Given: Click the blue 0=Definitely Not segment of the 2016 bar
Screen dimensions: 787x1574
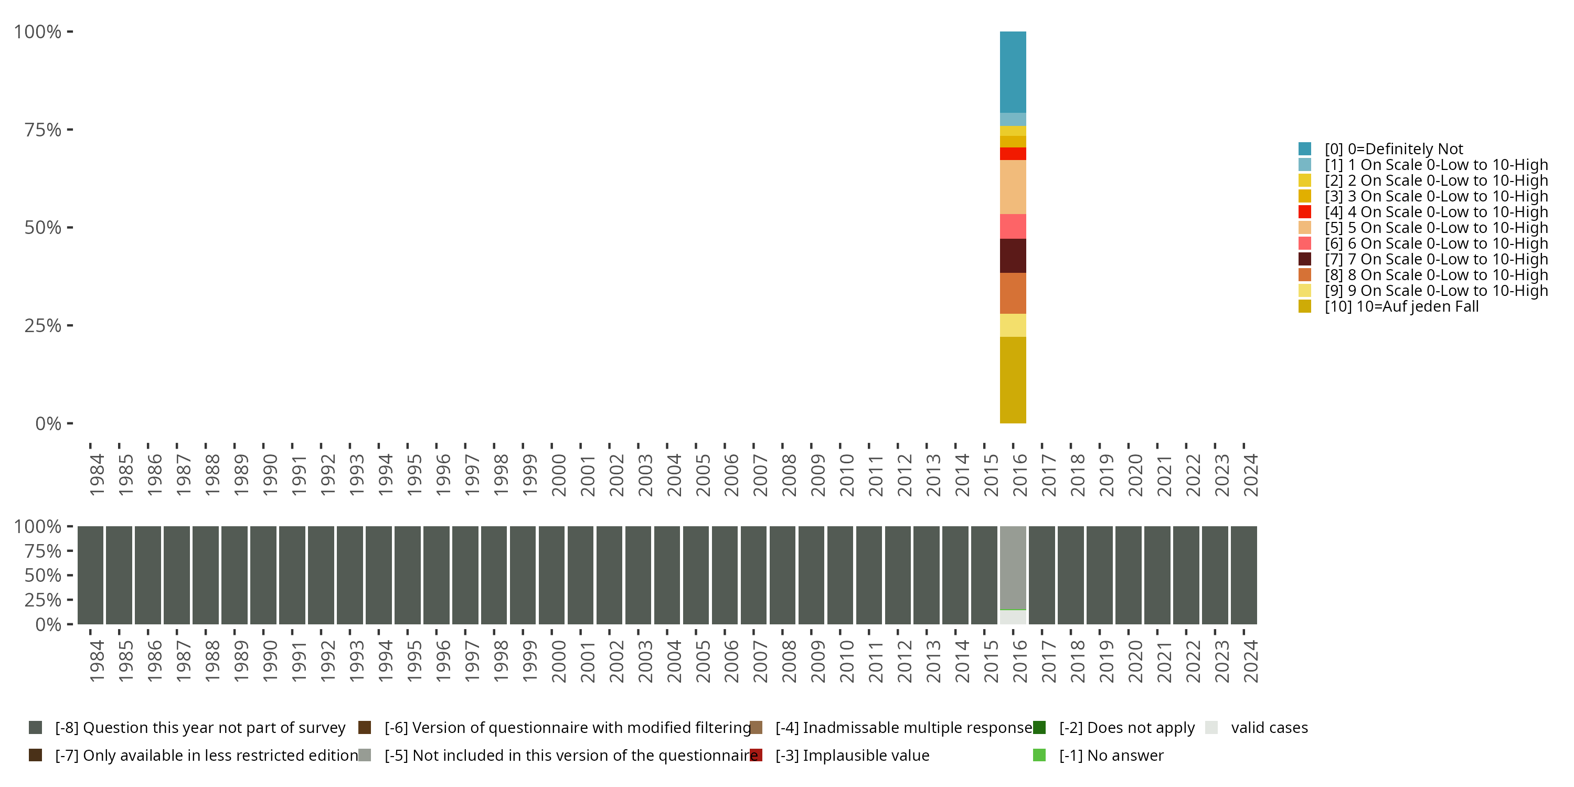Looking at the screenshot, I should (x=1013, y=72).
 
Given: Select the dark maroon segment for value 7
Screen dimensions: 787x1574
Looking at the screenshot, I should (x=1013, y=256).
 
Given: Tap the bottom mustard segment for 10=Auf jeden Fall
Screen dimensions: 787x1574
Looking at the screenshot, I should (x=1013, y=379).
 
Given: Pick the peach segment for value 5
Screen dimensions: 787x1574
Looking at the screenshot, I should (x=1013, y=187).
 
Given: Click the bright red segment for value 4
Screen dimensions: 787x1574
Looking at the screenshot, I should (x=1013, y=154).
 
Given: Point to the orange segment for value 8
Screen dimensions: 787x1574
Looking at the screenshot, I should (x=1013, y=293).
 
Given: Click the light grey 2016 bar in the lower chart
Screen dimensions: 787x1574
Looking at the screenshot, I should (x=1013, y=568).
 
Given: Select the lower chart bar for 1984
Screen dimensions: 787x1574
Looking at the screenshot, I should (x=90, y=575).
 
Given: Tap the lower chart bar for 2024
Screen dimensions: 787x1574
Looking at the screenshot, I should (x=1243, y=575).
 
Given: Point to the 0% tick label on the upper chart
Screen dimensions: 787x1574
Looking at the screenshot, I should (x=48, y=423).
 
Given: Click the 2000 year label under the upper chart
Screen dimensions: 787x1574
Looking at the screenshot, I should (x=558, y=475).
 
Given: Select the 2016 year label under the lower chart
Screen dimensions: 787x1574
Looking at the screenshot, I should (x=1020, y=661).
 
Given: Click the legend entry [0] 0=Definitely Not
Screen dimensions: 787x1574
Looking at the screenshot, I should (x=1393, y=149).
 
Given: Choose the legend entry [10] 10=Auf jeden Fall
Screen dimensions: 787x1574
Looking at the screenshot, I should (x=1401, y=307).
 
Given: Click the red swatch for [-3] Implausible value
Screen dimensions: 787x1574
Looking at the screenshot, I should (x=756, y=755).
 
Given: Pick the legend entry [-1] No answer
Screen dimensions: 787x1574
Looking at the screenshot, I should (x=1111, y=755).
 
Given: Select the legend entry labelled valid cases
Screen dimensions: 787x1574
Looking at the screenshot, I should (x=1269, y=728).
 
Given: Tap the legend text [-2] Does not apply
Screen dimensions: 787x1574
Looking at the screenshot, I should (x=1126, y=728).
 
